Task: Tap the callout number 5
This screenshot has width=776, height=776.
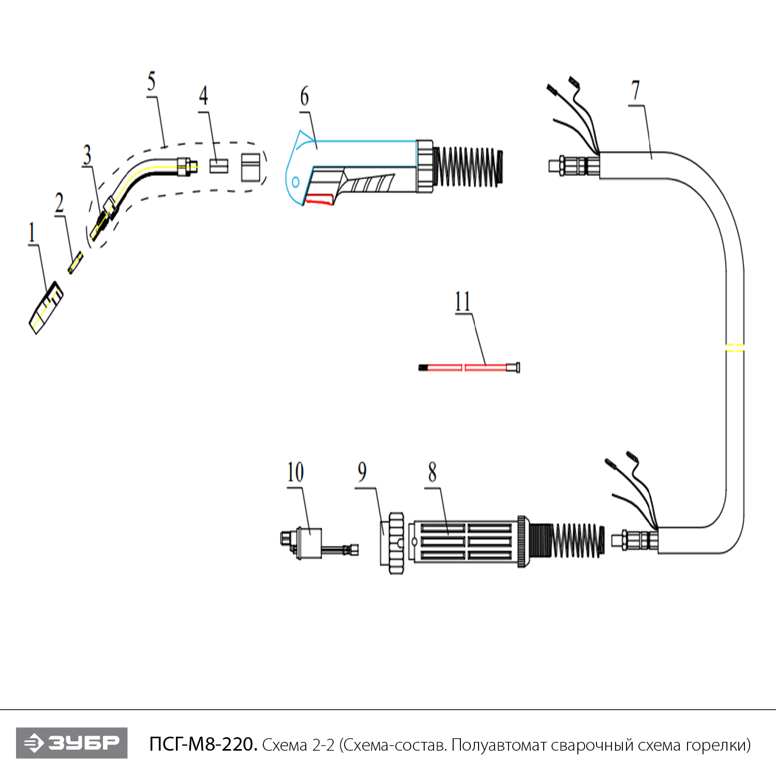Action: tap(151, 81)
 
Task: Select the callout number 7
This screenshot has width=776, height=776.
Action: tap(635, 91)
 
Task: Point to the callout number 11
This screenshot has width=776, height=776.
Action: tap(462, 301)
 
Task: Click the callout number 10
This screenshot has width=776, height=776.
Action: tap(295, 472)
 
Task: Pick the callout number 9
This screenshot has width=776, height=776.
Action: tap(362, 472)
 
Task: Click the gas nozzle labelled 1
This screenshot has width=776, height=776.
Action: tap(46, 308)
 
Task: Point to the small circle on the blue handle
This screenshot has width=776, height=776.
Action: tap(295, 182)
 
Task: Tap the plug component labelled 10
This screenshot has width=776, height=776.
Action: tap(309, 543)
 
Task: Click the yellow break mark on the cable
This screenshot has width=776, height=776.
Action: tap(735, 347)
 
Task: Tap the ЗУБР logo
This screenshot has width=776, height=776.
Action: tap(72, 743)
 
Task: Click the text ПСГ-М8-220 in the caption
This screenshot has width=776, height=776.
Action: tap(203, 744)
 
